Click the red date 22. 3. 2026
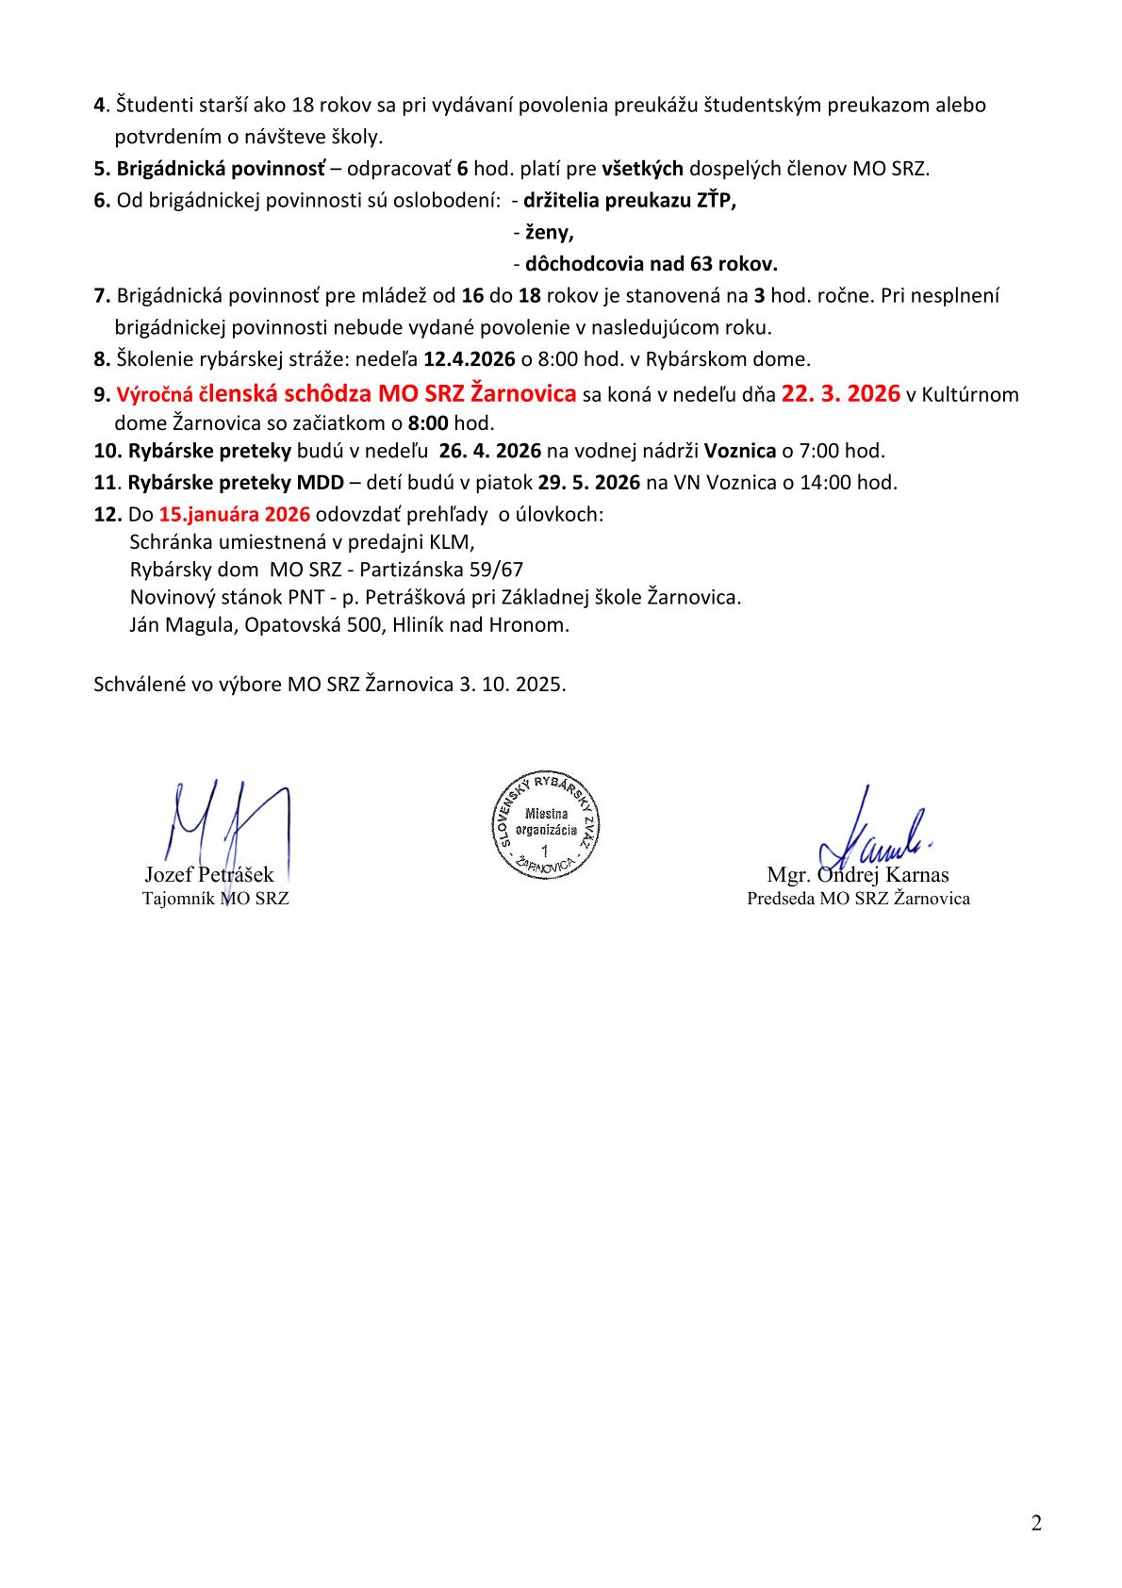point(840,393)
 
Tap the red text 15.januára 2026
point(235,515)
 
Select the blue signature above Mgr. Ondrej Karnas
point(877,835)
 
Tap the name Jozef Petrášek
point(208,874)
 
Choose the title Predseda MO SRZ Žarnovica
point(858,899)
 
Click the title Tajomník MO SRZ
point(215,899)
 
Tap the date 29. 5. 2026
point(589,483)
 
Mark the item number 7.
point(102,296)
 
